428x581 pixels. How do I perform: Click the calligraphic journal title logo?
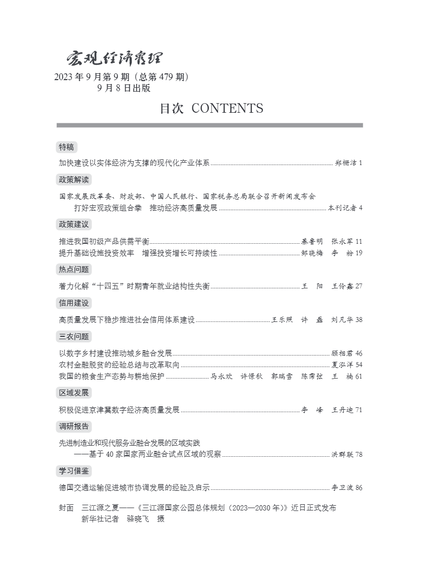pyautogui.click(x=114, y=59)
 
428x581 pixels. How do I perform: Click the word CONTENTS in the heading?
pyautogui.click(x=227, y=108)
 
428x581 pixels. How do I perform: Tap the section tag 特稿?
pyautogui.click(x=67, y=147)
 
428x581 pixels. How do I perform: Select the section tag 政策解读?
pyautogui.click(x=74, y=180)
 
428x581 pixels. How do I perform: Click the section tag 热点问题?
pyautogui.click(x=74, y=269)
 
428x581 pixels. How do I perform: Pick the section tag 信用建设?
pyautogui.click(x=74, y=303)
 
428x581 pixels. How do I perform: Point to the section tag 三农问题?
pyautogui.click(x=74, y=336)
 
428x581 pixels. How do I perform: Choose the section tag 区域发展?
pyautogui.click(x=74, y=392)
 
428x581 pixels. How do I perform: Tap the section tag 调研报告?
pyautogui.click(x=74, y=426)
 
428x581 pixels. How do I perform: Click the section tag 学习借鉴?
pyautogui.click(x=74, y=471)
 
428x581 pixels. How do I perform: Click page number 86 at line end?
pyautogui.click(x=358, y=488)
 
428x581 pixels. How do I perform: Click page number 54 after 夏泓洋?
pyautogui.click(x=358, y=365)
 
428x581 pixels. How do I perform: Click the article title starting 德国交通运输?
pyautogui.click(x=134, y=488)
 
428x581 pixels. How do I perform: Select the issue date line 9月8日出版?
pyautogui.click(x=124, y=88)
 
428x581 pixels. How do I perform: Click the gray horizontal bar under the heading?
pyautogui.click(x=210, y=126)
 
